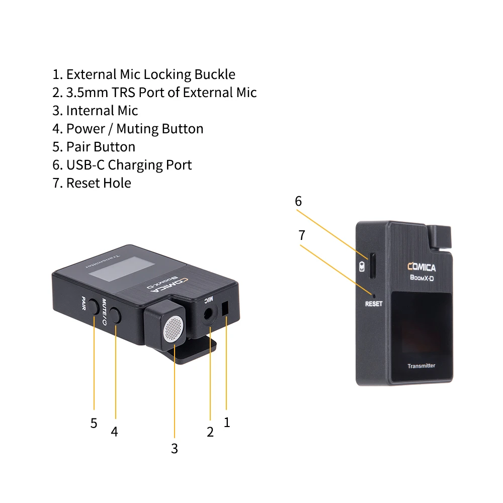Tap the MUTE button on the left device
[116, 316]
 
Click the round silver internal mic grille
[173, 329]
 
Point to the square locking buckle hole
[225, 307]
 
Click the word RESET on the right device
[374, 304]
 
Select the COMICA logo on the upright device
[422, 267]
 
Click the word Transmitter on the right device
[421, 366]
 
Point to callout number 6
[298, 201]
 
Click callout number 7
[302, 235]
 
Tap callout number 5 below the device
[94, 423]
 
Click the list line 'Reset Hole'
[92, 183]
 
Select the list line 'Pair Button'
[94, 146]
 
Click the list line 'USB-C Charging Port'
[122, 164]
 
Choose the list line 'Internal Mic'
[96, 110]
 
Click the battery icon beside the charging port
[362, 267]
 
